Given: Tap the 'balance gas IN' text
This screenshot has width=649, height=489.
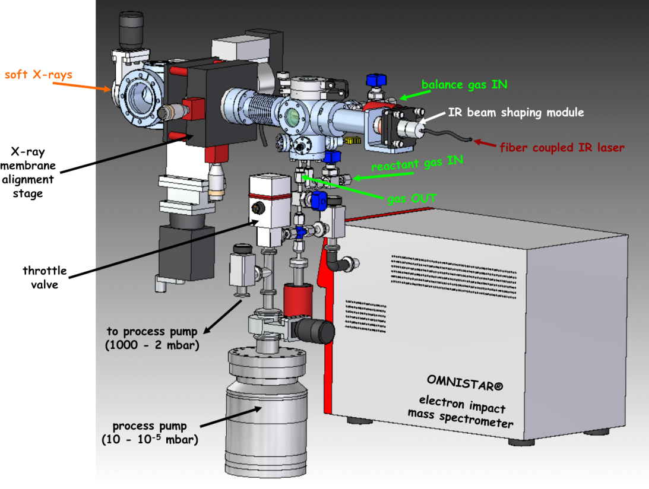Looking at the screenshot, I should [464, 84].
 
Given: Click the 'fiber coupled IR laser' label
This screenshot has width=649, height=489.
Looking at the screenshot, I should [562, 146].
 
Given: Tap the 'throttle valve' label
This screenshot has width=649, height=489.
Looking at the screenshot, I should [45, 278].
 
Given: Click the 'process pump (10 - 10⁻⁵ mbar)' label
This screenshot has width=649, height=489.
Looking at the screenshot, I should [150, 433].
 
